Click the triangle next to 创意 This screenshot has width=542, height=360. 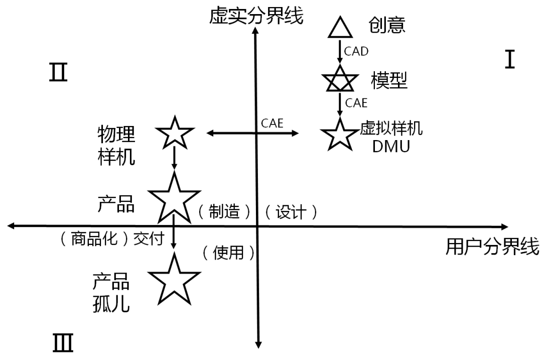342,28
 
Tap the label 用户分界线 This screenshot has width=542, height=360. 492,247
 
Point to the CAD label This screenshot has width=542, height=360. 356,51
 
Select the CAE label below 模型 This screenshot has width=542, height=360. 356,103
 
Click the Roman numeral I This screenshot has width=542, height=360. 510,60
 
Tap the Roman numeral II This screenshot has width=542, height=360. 58,73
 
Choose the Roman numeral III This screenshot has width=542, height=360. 63,343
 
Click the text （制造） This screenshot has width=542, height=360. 223,212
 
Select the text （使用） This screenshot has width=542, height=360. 228,253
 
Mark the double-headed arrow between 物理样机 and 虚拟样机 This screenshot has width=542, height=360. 253,133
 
